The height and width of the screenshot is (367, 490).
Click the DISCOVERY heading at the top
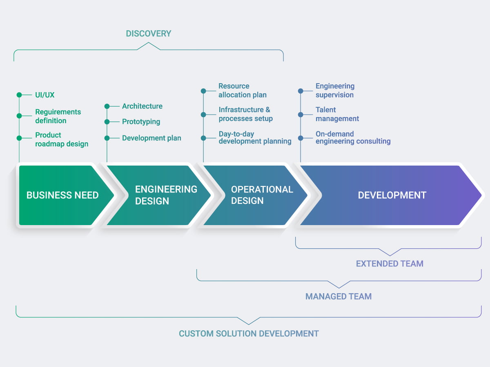tap(148, 33)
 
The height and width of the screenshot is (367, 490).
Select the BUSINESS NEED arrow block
tap(62, 195)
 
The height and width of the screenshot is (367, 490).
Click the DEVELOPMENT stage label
tap(392, 195)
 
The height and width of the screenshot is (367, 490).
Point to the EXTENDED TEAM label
tap(390, 264)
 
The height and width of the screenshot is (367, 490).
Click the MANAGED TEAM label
tap(339, 296)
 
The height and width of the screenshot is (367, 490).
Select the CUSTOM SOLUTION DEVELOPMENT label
tap(249, 334)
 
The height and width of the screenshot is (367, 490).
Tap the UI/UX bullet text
tap(45, 95)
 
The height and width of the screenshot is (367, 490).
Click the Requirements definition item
tap(58, 116)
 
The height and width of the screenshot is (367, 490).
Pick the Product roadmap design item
tap(62, 139)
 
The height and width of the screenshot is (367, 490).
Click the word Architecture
tap(142, 106)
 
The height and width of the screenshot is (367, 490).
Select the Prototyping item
tap(141, 122)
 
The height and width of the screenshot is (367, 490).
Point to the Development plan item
tap(151, 138)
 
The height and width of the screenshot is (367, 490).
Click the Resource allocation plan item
tap(243, 91)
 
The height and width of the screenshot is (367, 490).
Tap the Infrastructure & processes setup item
tap(245, 114)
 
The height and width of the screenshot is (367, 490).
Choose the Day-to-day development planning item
tap(255, 137)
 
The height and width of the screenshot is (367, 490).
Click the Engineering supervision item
tap(335, 91)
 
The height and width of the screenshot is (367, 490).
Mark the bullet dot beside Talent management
tap(301, 115)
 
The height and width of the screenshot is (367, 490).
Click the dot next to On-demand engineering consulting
tap(301, 138)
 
